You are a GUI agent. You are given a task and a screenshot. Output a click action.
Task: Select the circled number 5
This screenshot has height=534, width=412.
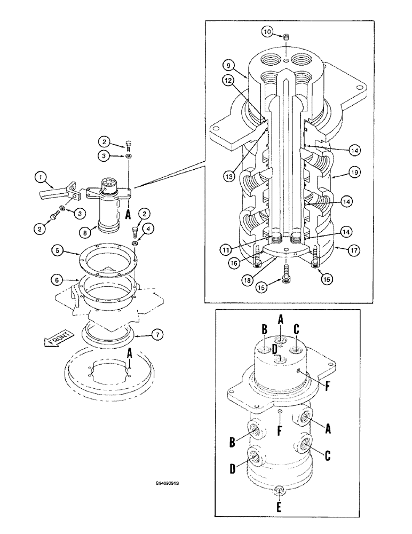(57, 249)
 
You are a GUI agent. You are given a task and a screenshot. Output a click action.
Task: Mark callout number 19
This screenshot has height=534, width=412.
(351, 174)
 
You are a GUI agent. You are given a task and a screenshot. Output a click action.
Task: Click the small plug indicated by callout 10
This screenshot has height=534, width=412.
(287, 37)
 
